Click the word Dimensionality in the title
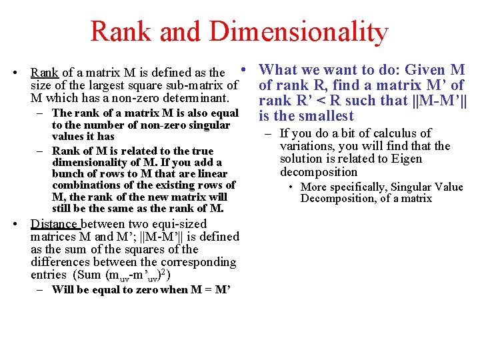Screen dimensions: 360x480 point(297,31)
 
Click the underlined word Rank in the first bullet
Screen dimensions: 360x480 point(45,73)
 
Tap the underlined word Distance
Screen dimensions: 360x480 point(55,224)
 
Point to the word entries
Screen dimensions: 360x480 point(49,275)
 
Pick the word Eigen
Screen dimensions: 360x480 point(406,159)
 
